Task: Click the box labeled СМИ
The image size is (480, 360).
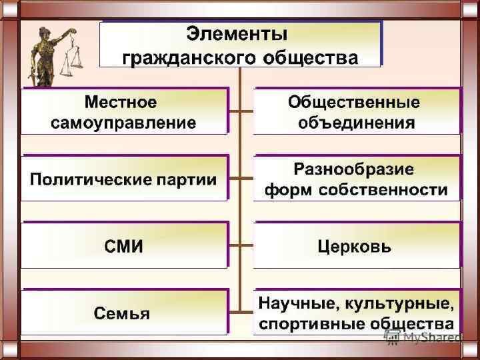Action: pyautogui.click(x=124, y=247)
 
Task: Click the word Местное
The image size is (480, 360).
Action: pyautogui.click(x=121, y=103)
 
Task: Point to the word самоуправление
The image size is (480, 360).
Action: pyautogui.click(x=124, y=123)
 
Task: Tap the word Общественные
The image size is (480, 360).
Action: pyautogui.click(x=354, y=103)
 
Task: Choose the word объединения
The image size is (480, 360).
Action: pyautogui.click(x=357, y=123)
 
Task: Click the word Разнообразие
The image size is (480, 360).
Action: pyautogui.click(x=354, y=168)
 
